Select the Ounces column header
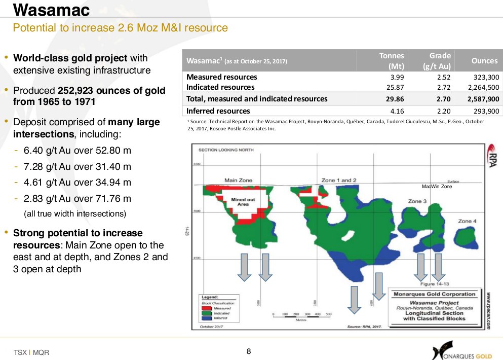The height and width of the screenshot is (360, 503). click(x=484, y=61)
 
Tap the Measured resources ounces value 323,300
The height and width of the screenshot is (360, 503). click(x=485, y=77)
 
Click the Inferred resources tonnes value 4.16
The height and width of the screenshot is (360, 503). click(x=395, y=111)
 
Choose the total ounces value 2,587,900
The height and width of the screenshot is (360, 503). click(x=481, y=99)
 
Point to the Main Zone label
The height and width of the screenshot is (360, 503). click(x=239, y=180)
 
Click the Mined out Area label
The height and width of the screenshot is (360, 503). click(x=243, y=202)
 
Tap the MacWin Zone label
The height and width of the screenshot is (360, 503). click(x=437, y=187)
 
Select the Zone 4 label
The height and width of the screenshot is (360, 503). click(x=467, y=221)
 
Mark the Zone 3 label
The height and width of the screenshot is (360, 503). click(x=417, y=201)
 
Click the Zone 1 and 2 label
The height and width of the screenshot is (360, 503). click(x=339, y=180)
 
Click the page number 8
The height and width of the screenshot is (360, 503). click(x=249, y=351)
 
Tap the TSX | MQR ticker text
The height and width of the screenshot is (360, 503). click(x=31, y=352)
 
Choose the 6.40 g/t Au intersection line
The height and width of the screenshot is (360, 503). click(x=77, y=151)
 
